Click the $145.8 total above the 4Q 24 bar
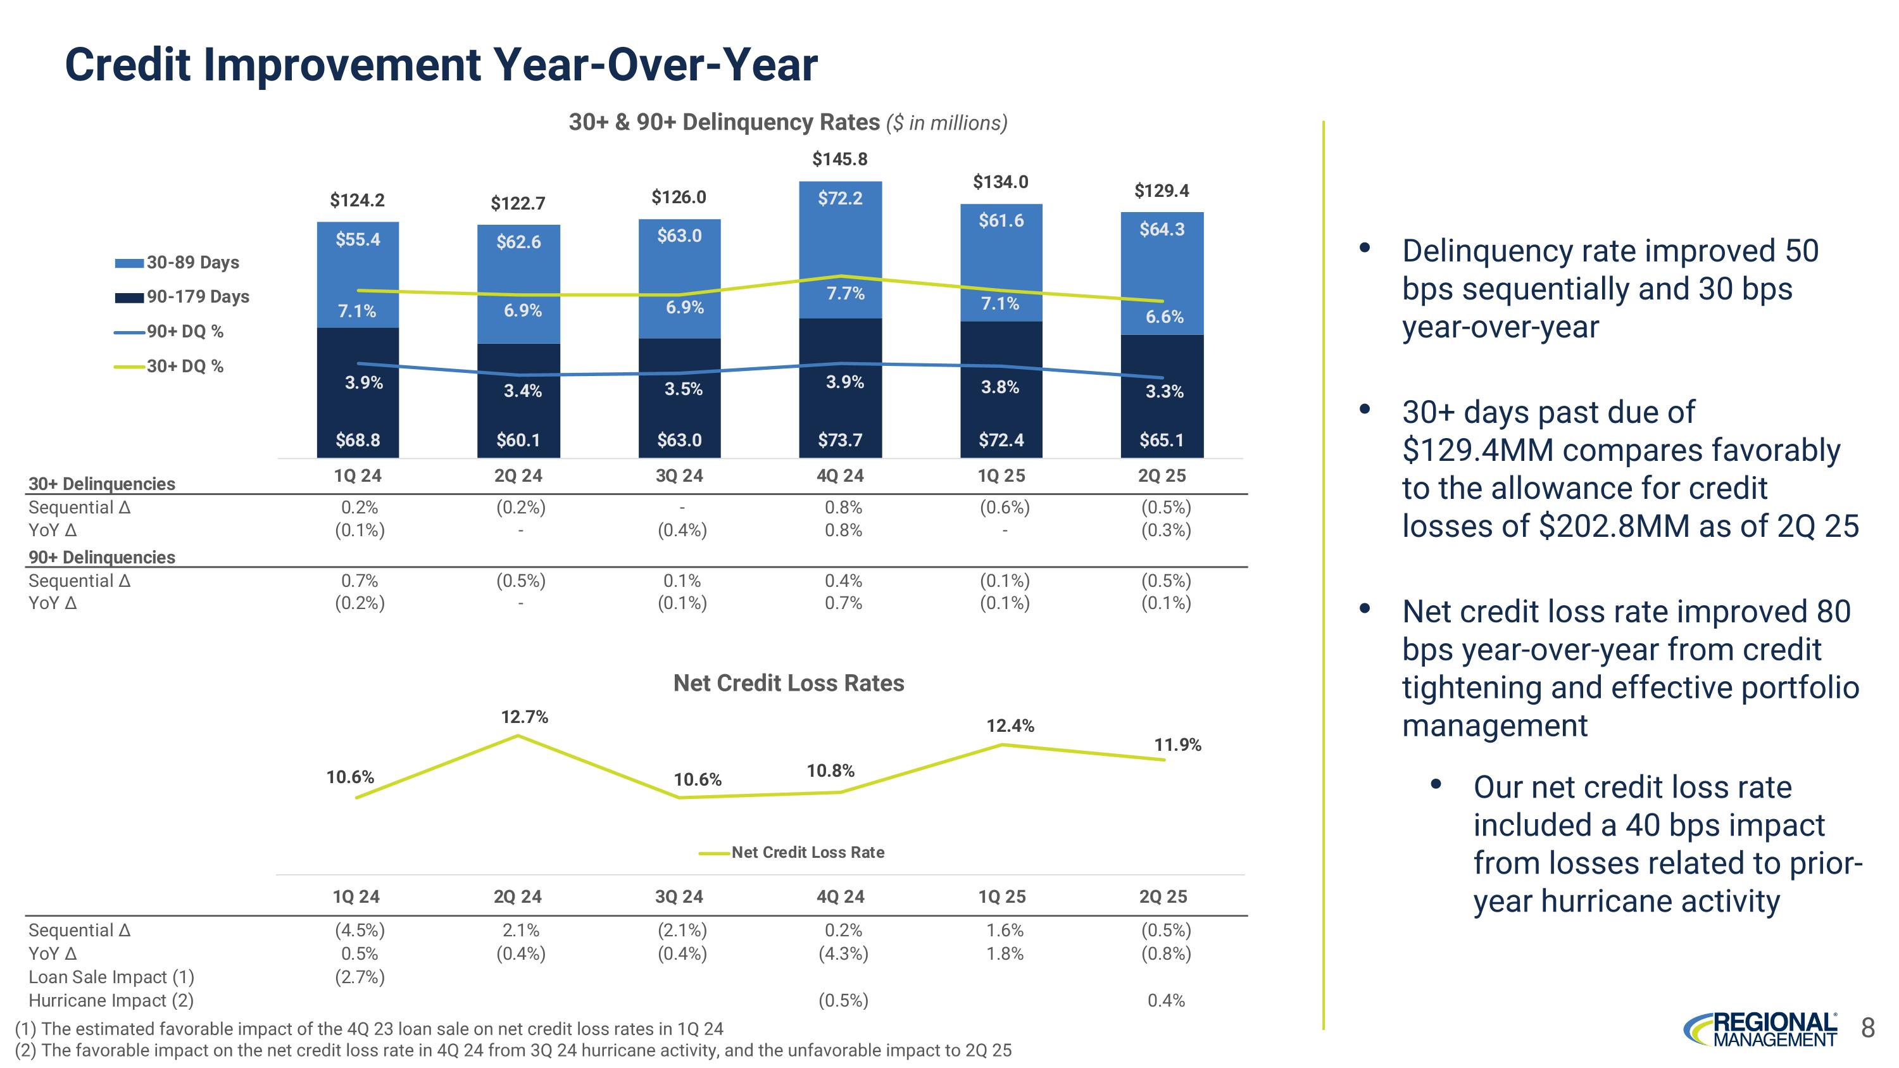[x=839, y=159]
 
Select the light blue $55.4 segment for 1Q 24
[x=358, y=239]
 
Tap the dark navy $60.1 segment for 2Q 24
[x=518, y=440]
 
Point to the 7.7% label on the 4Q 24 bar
[x=845, y=293]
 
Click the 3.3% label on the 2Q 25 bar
[x=1164, y=391]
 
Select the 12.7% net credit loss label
[x=524, y=717]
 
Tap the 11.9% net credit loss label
[x=1177, y=745]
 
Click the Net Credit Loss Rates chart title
[x=788, y=683]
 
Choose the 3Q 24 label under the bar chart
[x=679, y=476]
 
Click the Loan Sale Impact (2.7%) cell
[x=360, y=977]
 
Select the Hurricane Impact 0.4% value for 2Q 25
[x=1166, y=1001]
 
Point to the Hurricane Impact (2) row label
[x=111, y=1001]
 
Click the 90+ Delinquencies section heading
[x=102, y=557]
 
